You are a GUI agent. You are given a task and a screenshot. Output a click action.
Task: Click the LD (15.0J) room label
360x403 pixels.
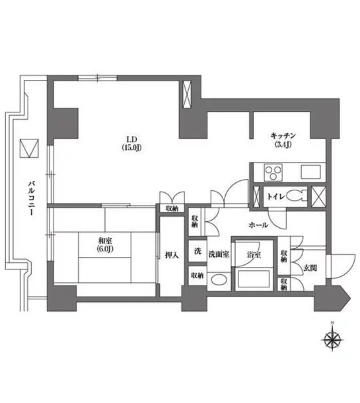click(x=131, y=143)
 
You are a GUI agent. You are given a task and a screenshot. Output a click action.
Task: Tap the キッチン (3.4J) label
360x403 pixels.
click(x=283, y=140)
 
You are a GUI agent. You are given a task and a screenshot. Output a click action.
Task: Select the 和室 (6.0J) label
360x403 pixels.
click(x=105, y=245)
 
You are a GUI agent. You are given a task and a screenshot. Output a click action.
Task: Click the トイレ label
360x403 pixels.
click(x=276, y=197)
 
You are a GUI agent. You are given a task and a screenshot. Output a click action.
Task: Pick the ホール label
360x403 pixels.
click(x=258, y=225)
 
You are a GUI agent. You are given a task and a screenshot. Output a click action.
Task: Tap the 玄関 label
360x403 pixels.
click(x=310, y=268)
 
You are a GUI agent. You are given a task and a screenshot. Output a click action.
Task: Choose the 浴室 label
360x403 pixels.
click(x=254, y=255)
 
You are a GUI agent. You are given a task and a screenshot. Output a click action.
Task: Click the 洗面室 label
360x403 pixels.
click(x=219, y=254)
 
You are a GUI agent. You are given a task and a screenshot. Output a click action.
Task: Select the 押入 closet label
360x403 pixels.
click(x=172, y=255)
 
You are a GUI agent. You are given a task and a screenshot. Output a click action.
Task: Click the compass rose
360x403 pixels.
click(x=332, y=340)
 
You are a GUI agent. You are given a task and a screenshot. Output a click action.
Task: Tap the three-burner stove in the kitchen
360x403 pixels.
click(x=273, y=172)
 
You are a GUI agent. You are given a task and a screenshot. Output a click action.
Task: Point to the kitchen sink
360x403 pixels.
click(x=311, y=172)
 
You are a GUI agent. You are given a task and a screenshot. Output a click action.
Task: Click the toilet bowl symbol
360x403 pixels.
click(x=297, y=197)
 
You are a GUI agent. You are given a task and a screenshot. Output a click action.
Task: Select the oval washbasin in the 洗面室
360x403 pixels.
click(x=219, y=280)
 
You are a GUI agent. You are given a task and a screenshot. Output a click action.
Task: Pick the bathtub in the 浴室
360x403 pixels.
click(x=254, y=279)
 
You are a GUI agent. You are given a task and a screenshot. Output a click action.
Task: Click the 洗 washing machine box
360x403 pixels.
click(x=198, y=251)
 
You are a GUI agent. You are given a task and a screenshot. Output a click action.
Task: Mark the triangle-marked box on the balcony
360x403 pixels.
click(x=29, y=148)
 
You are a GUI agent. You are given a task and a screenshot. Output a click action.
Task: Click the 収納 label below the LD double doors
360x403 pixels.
click(x=172, y=209)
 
